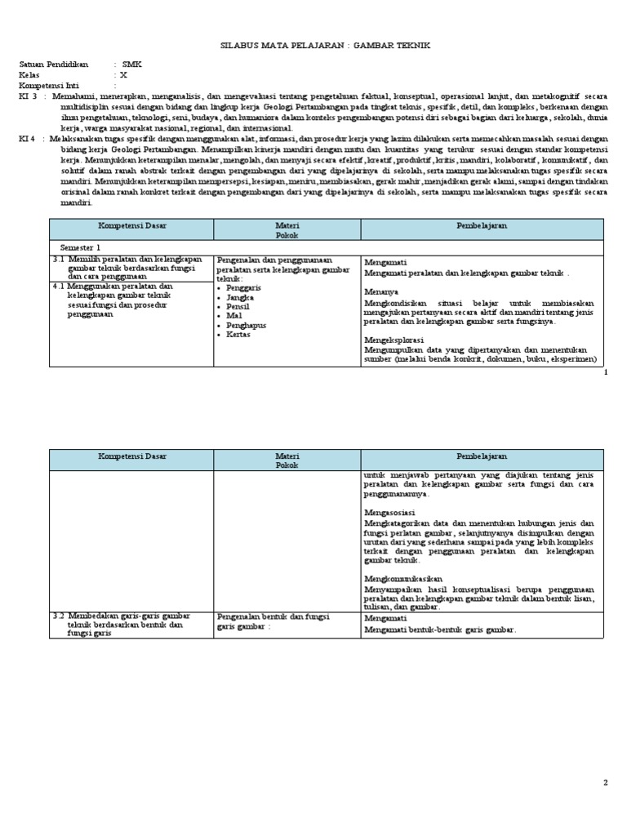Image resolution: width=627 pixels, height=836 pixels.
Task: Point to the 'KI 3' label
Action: point(28,95)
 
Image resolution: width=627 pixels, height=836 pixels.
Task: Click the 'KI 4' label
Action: point(28,138)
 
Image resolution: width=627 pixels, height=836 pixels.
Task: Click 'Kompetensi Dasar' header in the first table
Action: point(131,224)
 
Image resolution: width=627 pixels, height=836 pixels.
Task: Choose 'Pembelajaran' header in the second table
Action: point(482,456)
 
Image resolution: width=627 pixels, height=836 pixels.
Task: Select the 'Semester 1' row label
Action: point(81,247)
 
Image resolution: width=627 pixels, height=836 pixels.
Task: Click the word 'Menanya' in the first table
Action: point(381,291)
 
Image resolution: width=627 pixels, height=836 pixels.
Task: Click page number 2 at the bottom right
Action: point(606,783)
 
